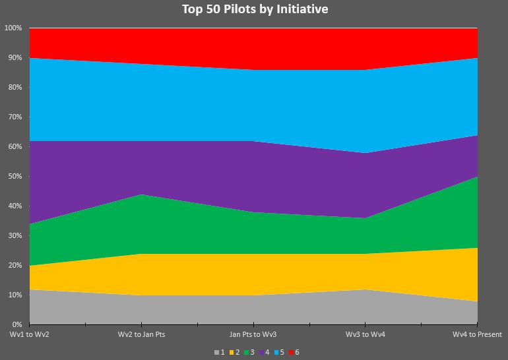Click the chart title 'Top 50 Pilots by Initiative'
tap(255, 9)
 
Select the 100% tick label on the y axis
tap(13, 28)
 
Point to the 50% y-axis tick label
tap(15, 177)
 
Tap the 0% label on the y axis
tap(16, 325)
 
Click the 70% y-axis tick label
tap(15, 117)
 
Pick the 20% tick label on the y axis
tap(15, 266)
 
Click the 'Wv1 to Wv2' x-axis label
tap(30, 335)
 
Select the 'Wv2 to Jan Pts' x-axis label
tap(141, 335)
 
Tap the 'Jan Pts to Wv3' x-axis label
tap(254, 335)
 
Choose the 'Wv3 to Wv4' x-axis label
tap(365, 335)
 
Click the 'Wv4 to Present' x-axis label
tap(477, 335)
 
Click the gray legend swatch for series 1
tap(216, 352)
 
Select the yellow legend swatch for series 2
tap(232, 352)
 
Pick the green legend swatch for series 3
tap(247, 352)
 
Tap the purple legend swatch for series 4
tap(262, 352)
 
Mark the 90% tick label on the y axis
tap(15, 58)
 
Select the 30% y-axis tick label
tap(15, 236)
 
